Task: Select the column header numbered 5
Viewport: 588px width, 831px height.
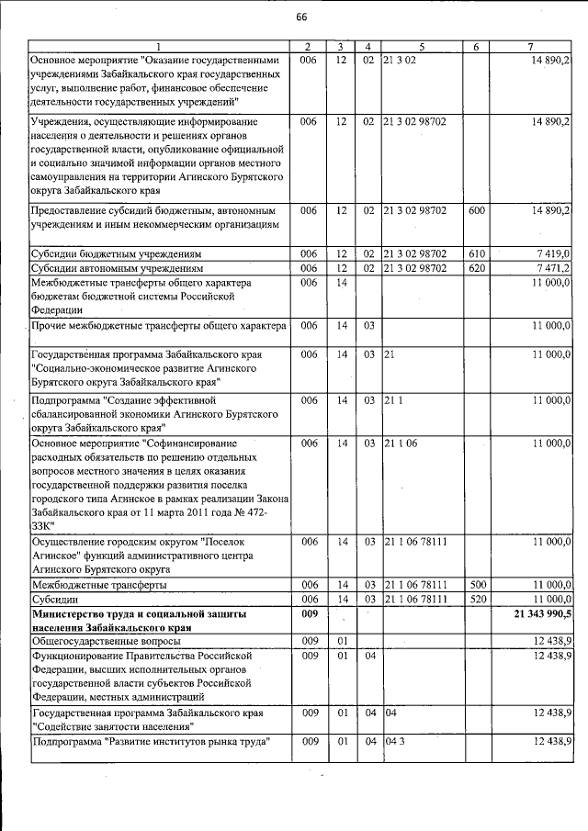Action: tap(422, 46)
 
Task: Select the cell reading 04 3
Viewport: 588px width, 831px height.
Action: tap(394, 741)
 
